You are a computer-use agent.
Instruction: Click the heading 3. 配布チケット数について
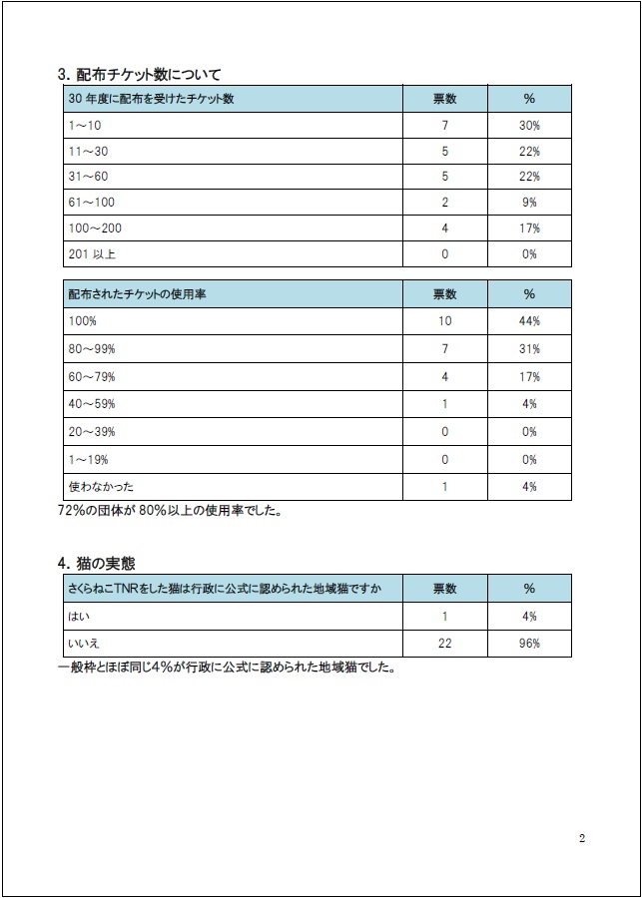click(x=140, y=74)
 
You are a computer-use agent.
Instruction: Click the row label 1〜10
click(x=85, y=125)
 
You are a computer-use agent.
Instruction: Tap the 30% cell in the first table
click(x=529, y=125)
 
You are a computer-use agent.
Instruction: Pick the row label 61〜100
click(x=91, y=203)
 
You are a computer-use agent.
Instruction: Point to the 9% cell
click(x=529, y=203)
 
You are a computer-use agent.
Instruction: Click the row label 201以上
click(x=92, y=254)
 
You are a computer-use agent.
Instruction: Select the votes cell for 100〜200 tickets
click(x=444, y=228)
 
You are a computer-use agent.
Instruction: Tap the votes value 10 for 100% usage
click(x=444, y=321)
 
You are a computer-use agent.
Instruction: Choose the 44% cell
click(x=529, y=321)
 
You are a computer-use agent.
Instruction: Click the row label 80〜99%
click(x=92, y=349)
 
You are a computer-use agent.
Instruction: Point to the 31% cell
click(x=529, y=349)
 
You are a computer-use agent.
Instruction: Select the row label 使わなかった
click(x=101, y=487)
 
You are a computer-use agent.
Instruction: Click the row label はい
click(x=79, y=617)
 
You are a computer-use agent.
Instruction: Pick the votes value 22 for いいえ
click(x=444, y=644)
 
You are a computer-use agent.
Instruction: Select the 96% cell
click(x=529, y=644)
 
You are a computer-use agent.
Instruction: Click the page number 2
click(x=582, y=838)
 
